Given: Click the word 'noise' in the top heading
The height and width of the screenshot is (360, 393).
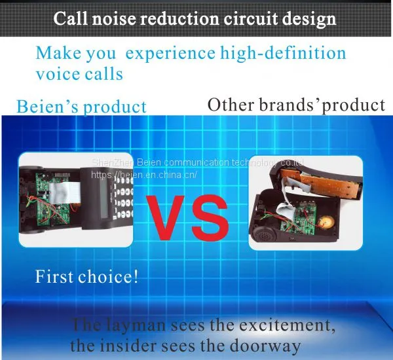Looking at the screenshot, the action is (114, 18).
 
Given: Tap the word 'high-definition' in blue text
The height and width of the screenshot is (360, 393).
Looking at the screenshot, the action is (283, 54).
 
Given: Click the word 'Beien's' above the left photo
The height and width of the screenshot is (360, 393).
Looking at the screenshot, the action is (47, 106).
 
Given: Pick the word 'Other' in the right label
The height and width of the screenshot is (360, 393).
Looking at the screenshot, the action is (231, 105).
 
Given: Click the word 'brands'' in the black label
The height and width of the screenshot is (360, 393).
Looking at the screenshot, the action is (290, 105).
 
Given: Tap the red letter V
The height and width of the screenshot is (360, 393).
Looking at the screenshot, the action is (166, 217).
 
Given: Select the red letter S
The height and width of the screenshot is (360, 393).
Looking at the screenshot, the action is (209, 218).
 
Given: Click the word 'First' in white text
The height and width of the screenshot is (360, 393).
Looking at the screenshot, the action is (54, 277).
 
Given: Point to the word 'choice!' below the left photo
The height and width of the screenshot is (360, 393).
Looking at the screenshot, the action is (108, 277).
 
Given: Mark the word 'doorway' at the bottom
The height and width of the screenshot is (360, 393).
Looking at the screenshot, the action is (265, 346).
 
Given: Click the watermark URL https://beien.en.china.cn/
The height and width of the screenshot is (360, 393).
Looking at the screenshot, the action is (144, 175).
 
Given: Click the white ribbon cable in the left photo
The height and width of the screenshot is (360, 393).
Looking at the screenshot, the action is (64, 192).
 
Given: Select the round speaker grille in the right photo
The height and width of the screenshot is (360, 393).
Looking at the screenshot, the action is (263, 236).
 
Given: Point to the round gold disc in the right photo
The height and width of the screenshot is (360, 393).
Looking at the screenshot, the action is (324, 221).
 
